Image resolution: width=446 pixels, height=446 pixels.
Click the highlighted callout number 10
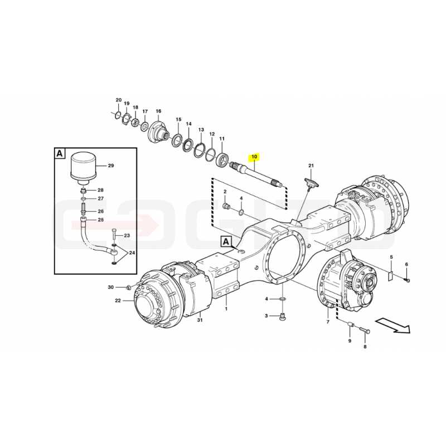coord(254,157)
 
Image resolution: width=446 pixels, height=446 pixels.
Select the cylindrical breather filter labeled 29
coord(83,167)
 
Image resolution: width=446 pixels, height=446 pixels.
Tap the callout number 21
coord(311,166)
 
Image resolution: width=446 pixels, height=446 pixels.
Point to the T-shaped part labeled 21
coord(309,183)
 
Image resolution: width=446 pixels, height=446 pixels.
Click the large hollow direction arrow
coord(393,325)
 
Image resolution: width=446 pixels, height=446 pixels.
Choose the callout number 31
coord(200,320)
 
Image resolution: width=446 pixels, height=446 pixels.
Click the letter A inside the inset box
coord(60,154)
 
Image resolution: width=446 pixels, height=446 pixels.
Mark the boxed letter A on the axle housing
coord(226,242)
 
